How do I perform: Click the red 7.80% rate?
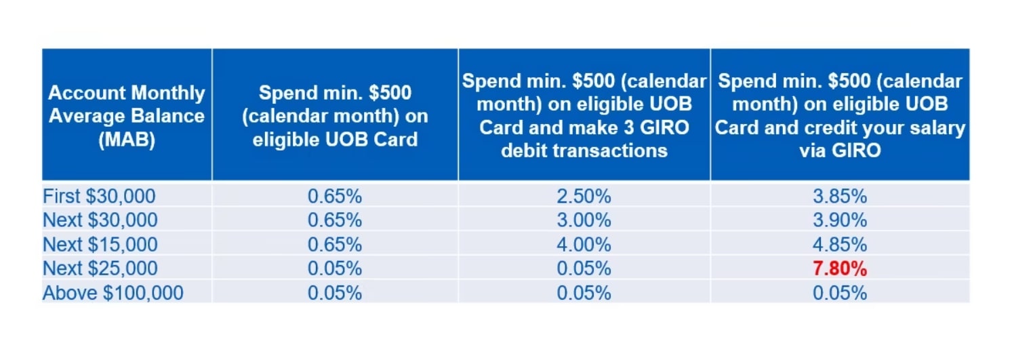point(840,268)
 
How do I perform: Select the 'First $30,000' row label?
point(99,196)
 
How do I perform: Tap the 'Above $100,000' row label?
point(113,293)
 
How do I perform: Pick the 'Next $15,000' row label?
point(100,245)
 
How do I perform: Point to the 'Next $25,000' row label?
point(100,268)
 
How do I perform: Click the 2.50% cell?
point(584,197)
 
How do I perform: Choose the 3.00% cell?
point(584,220)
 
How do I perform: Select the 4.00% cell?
point(584,245)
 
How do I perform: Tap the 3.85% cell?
point(840,197)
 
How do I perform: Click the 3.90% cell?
point(840,220)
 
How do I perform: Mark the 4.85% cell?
point(840,245)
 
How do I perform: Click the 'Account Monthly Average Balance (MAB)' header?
point(127,116)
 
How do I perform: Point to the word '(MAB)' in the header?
point(127,140)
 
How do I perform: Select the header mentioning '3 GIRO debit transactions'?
point(584,116)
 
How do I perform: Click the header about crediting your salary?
point(840,116)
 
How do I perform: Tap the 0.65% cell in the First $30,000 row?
point(335,197)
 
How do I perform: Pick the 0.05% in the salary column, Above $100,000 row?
point(840,293)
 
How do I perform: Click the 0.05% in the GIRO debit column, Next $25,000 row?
point(584,268)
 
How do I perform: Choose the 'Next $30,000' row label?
point(100,220)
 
